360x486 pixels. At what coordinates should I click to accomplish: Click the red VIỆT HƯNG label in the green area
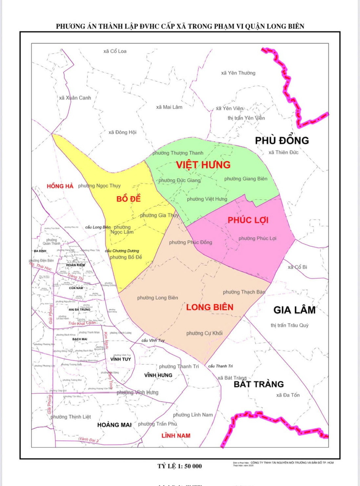203,165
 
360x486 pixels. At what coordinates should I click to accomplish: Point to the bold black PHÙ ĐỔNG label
282,140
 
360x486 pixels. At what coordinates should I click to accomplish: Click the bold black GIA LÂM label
294,310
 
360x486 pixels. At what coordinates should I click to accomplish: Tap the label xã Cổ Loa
115,51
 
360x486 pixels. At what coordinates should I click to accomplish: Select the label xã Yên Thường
238,73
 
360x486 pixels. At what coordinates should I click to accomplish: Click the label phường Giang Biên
246,178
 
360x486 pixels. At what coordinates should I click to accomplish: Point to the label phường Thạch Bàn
244,292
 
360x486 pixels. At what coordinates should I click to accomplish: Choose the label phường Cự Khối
204,333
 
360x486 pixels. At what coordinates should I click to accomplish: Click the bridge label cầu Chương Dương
122,251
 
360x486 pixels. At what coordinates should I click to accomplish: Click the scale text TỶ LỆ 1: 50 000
180,466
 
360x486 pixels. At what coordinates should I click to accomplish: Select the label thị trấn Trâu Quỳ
290,325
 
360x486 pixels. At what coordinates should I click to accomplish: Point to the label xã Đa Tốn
288,395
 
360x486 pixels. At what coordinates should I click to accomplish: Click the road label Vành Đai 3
89,440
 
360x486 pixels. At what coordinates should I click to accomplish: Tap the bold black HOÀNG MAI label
114,425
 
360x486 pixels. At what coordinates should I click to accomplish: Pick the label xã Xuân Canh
75,98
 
